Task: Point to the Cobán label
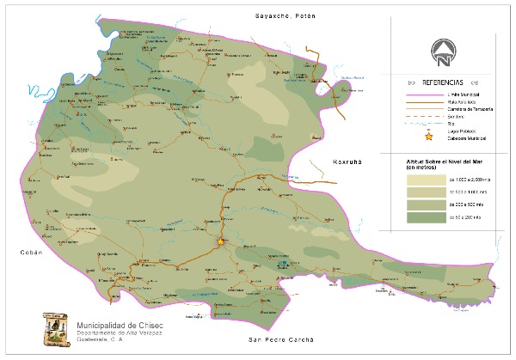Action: click(x=32, y=253)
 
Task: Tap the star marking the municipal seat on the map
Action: click(x=220, y=241)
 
